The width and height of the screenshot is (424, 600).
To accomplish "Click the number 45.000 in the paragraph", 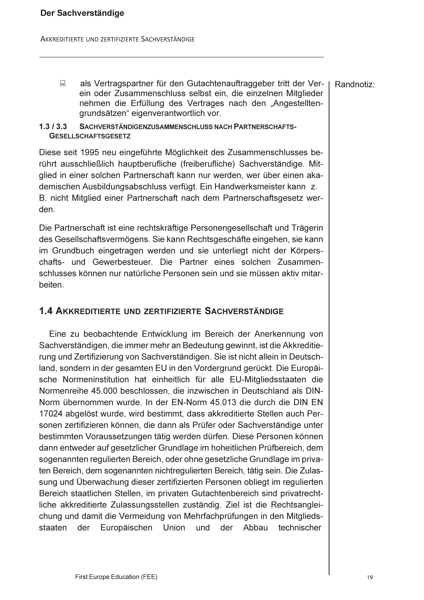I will [x=104, y=391].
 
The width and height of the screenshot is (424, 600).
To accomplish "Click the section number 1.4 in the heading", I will [x=46, y=311].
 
